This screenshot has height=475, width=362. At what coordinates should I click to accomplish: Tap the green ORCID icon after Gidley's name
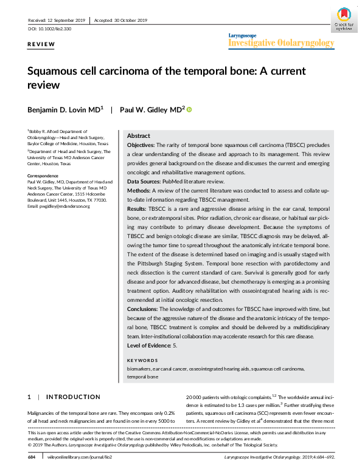pyautogui.click(x=189, y=109)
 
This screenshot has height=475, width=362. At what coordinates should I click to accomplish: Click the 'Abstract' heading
pyautogui.click(x=138, y=136)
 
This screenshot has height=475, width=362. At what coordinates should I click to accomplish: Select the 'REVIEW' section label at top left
pyautogui.click(x=41, y=45)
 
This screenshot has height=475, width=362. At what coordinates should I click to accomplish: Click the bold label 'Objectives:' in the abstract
pyautogui.click(x=141, y=146)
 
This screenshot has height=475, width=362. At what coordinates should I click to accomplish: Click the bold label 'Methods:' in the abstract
pyautogui.click(x=137, y=191)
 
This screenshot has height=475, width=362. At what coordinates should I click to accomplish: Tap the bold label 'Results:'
pyautogui.click(x=136, y=208)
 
